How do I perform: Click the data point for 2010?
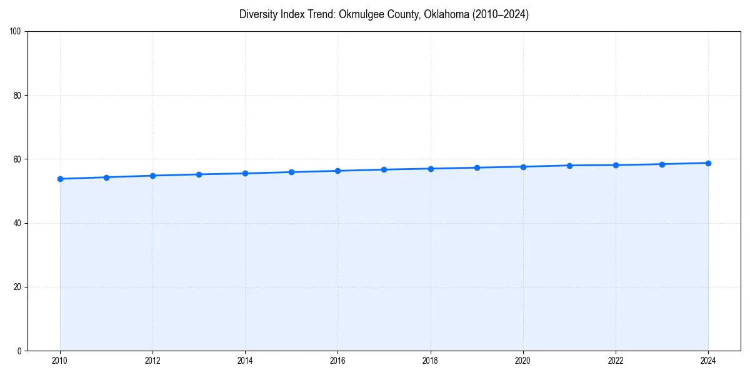coord(60,179)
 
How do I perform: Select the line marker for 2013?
coord(199,174)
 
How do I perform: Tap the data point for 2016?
coord(337,171)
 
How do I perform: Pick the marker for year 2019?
coord(477,167)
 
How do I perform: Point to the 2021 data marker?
coord(569,166)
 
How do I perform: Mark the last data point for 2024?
coord(708,163)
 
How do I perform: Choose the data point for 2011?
coord(106,177)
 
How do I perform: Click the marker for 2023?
coord(662,164)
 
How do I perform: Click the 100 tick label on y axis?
coord(16,32)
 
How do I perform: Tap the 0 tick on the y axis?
coord(20,351)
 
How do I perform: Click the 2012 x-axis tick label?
coord(152,361)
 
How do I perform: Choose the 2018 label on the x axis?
coord(430,361)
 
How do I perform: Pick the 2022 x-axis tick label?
coord(616,361)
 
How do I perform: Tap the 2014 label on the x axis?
coord(245,361)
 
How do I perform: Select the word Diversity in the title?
coord(259,14)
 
